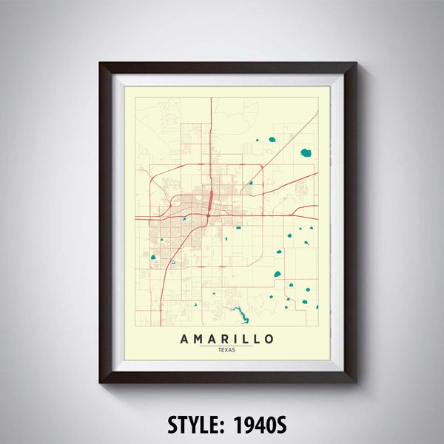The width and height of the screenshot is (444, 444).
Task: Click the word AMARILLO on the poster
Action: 226,339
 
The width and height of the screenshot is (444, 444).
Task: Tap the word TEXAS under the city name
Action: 226,350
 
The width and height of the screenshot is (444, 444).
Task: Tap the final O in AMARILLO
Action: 269,339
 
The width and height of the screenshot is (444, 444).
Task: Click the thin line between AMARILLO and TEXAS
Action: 226,346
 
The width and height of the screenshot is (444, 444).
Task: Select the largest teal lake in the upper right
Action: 306,153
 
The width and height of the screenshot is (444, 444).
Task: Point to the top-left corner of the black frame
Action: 101,64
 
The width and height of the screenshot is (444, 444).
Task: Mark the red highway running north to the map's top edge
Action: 212,118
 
